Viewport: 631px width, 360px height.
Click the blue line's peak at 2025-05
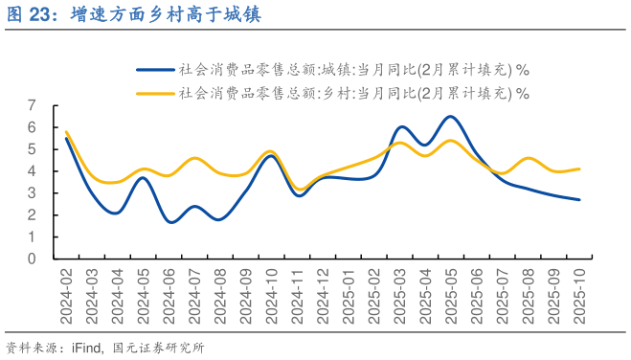pos(451,117)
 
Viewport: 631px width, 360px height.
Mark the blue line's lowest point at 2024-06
pos(169,222)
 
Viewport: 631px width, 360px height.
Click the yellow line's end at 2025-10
pos(579,169)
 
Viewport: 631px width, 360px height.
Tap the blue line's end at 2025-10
pos(579,199)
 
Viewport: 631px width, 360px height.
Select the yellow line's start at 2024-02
pos(66,132)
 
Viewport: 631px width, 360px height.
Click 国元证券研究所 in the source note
pos(159,348)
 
